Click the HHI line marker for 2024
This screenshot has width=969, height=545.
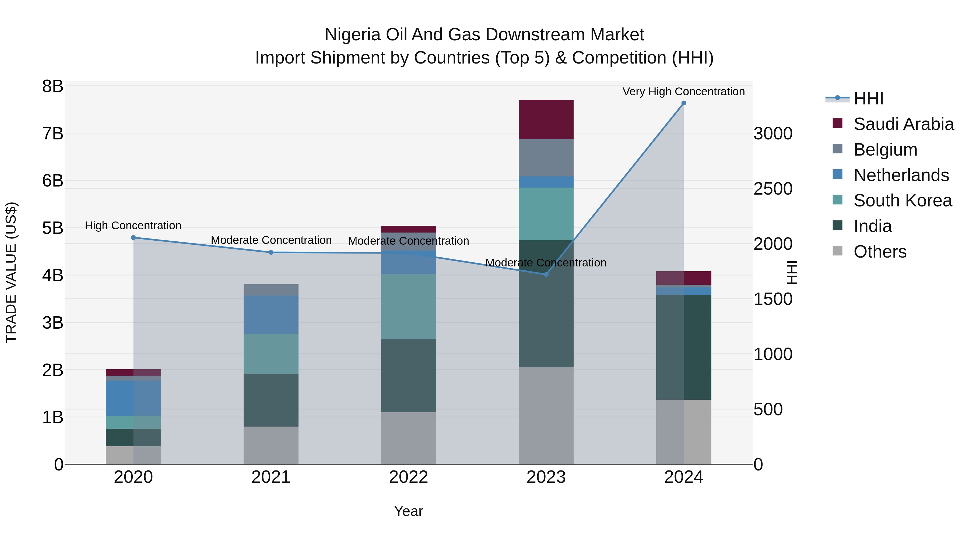pos(683,103)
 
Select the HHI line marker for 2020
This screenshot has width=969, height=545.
pos(134,238)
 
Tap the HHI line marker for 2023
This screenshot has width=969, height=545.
pos(546,275)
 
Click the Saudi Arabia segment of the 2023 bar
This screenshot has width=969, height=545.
pos(546,119)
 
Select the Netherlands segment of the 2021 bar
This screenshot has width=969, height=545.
pos(271,315)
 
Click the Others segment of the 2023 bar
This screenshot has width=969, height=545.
pos(546,416)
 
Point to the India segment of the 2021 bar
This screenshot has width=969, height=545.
pos(271,400)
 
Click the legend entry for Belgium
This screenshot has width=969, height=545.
pos(885,150)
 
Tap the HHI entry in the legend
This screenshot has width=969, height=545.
pos(868,99)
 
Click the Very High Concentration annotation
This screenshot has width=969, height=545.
pos(683,92)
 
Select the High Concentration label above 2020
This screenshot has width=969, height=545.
pos(133,226)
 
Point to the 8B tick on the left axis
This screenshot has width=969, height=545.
pos(53,86)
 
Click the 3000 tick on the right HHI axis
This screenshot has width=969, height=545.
pos(773,133)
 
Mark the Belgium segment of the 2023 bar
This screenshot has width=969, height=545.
pos(546,158)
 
